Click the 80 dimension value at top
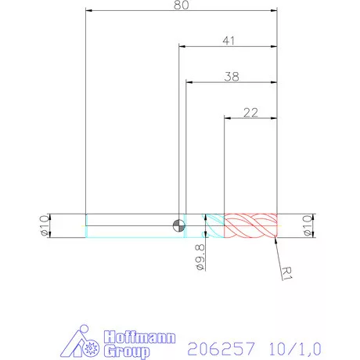point(182,5)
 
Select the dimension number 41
point(229,40)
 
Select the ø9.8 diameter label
point(200,257)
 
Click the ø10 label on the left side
point(45,225)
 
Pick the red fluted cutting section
point(250,225)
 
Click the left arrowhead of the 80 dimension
point(88,11)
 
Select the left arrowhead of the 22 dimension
point(227,118)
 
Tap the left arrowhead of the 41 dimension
point(182,47)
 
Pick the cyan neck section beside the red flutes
point(214,225)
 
